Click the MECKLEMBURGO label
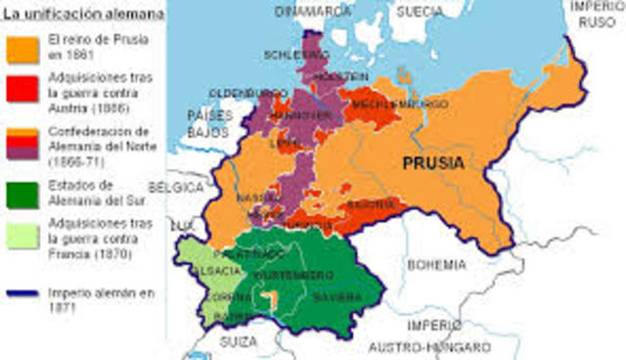(384, 104)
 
